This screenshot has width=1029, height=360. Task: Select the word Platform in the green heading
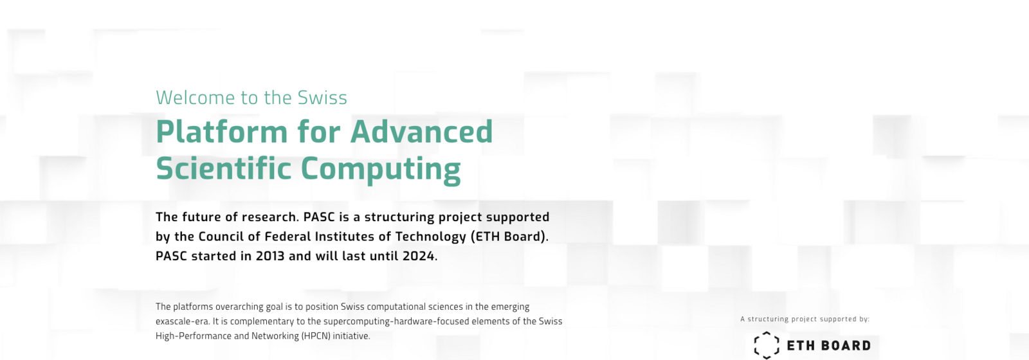[222, 131]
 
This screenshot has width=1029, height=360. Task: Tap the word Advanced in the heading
[421, 131]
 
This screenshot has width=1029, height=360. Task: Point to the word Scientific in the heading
[224, 168]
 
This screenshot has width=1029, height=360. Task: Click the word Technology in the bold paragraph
[430, 237]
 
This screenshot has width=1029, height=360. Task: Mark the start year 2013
[270, 256]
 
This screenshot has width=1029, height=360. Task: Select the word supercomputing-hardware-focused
[390, 321]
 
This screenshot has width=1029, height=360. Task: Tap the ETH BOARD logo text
[829, 345]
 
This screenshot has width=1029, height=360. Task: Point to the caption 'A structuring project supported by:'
[805, 319]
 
